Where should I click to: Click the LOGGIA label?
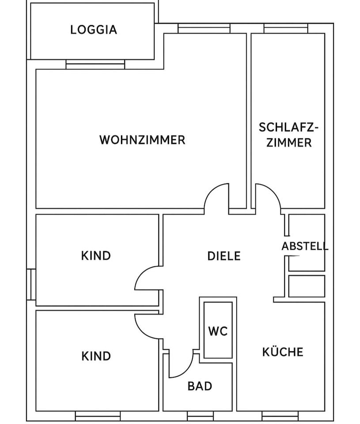tap(94, 30)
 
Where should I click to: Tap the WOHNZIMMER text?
tap(142, 140)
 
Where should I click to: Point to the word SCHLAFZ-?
tap(288, 127)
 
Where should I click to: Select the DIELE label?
tap(224, 256)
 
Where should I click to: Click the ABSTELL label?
tap(305, 246)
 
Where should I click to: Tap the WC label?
tap(218, 331)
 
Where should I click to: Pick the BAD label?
tap(200, 386)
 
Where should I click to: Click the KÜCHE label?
tap(283, 352)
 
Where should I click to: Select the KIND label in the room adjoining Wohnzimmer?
tap(96, 256)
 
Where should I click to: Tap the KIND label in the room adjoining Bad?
tap(96, 356)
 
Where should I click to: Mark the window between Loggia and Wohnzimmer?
tap(95, 65)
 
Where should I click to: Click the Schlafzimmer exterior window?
tap(285, 29)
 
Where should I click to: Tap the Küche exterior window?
tap(280, 416)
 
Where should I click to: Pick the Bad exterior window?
tap(200, 416)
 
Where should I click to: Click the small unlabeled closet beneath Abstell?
tap(307, 286)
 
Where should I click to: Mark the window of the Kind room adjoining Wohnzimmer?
tap(30, 284)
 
